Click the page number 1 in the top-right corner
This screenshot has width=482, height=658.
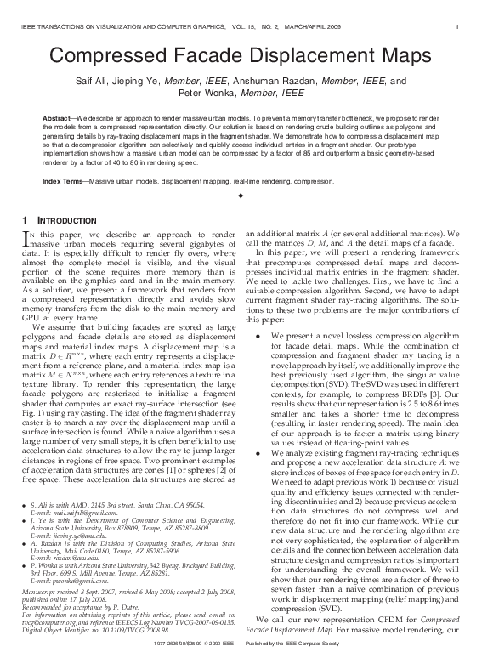457,10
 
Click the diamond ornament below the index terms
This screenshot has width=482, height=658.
241,196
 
